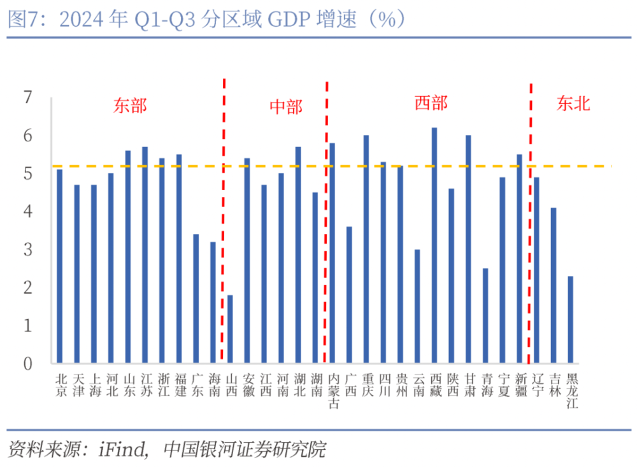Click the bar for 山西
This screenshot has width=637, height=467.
pyautogui.click(x=230, y=329)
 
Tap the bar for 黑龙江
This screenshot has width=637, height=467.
pyautogui.click(x=571, y=320)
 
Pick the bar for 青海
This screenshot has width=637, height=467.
pyautogui.click(x=485, y=316)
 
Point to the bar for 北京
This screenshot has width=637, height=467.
pyautogui.click(x=60, y=266)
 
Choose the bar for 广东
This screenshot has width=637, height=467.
pyautogui.click(x=196, y=299)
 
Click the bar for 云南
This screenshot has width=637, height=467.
pyautogui.click(x=417, y=306)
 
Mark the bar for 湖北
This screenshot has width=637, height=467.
pyautogui.click(x=298, y=255)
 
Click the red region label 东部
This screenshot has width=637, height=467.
pyautogui.click(x=131, y=105)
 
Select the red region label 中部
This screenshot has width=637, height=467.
pyautogui.click(x=285, y=107)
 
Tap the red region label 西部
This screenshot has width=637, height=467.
pyautogui.click(x=431, y=103)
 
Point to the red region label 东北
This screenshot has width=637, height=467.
pyautogui.click(x=573, y=104)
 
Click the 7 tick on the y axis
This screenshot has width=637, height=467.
pyautogui.click(x=27, y=98)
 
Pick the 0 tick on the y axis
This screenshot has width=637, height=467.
pyautogui.click(x=27, y=364)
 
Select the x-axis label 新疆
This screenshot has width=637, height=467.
pyautogui.click(x=520, y=385)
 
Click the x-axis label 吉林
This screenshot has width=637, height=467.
pyautogui.click(x=554, y=385)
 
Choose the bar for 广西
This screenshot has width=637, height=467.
pyautogui.click(x=349, y=295)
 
